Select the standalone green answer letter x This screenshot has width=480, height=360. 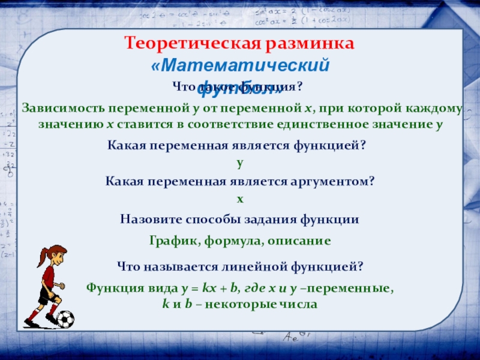click(240, 197)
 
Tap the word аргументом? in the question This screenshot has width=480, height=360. click(332, 181)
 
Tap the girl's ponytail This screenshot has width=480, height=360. click(41, 258)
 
